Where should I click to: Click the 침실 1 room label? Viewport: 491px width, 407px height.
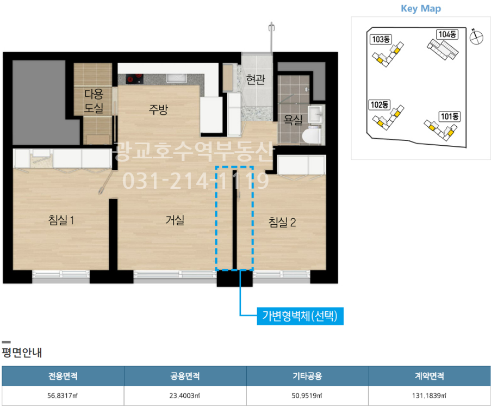click(x=61, y=220)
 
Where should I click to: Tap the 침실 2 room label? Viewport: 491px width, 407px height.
click(x=282, y=222)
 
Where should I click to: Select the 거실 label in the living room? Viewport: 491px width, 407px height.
click(x=175, y=220)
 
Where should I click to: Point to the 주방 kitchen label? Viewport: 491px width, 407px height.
click(x=158, y=109)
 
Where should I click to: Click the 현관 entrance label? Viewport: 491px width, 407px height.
click(x=256, y=79)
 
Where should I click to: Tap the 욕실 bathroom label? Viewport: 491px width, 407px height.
click(x=293, y=119)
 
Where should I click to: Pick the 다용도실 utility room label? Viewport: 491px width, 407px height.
click(x=94, y=101)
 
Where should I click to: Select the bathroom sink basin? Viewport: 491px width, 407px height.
click(x=315, y=114)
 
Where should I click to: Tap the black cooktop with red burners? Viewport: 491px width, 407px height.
click(x=135, y=79)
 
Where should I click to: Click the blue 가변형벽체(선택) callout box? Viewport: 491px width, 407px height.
click(x=300, y=316)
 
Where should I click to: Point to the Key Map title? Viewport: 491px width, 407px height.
click(x=420, y=9)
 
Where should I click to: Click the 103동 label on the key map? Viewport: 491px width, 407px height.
click(x=381, y=39)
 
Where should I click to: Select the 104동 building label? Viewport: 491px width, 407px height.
click(x=447, y=34)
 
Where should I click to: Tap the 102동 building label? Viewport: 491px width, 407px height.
click(x=380, y=104)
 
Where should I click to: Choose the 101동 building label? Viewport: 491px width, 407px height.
click(x=450, y=116)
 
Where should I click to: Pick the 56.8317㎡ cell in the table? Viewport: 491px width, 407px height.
click(x=63, y=396)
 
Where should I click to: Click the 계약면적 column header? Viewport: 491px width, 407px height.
click(x=430, y=375)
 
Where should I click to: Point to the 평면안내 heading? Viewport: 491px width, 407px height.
click(x=22, y=352)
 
